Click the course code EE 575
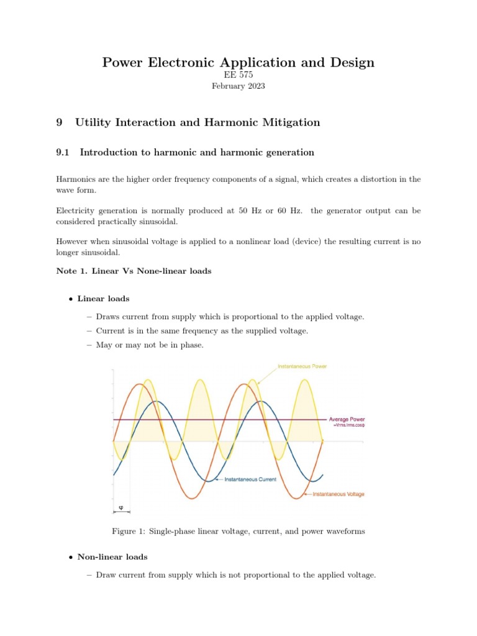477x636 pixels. [x=238, y=75]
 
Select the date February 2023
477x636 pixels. [x=238, y=86]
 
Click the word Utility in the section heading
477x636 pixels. [x=93, y=122]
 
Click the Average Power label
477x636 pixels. [x=347, y=419]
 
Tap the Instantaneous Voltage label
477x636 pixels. [x=338, y=494]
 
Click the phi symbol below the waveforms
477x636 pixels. [x=120, y=508]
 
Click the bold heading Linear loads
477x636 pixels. [x=103, y=299]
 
